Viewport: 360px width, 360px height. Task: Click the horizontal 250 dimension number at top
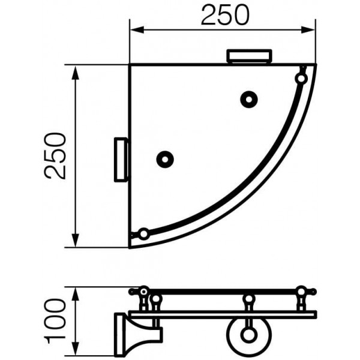point(225,15)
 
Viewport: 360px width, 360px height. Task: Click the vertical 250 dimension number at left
point(55,156)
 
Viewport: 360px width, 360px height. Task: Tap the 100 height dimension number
point(55,320)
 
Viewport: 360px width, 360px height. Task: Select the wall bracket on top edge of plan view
point(249,56)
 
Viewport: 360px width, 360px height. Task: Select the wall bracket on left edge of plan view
point(121,160)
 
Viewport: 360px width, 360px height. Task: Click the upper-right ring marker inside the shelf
point(248,100)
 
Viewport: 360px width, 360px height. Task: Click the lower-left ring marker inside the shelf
point(164,159)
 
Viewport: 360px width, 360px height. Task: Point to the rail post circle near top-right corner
point(301,79)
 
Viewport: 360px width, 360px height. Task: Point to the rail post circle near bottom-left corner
point(144,234)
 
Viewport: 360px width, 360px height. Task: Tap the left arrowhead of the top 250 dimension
point(137,29)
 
